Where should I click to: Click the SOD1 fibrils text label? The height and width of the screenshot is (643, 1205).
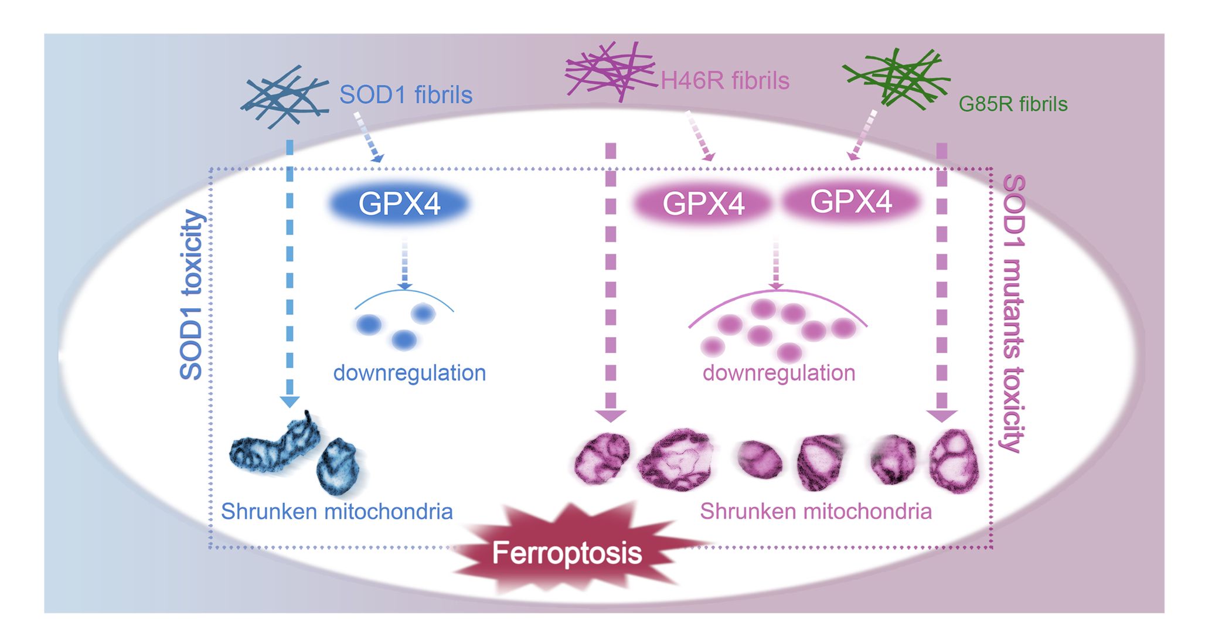point(406,95)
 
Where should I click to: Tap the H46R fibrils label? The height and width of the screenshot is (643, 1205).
point(725,81)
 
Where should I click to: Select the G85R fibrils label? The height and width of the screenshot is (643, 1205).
point(1013,104)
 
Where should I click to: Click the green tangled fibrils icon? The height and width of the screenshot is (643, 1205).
point(896,80)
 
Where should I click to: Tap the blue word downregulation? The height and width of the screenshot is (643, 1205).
point(410,373)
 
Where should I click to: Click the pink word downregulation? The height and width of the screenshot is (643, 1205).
point(779,373)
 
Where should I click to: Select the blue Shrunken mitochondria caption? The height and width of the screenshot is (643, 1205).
point(336,512)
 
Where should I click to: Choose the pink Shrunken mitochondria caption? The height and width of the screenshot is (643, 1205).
point(816,512)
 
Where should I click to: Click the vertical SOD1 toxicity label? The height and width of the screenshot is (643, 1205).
point(191,295)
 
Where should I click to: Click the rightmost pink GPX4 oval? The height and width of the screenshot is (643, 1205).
point(851,202)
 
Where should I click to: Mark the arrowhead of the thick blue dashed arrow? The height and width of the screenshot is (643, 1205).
point(290,402)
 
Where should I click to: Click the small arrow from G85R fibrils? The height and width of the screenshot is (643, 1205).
point(862,136)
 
